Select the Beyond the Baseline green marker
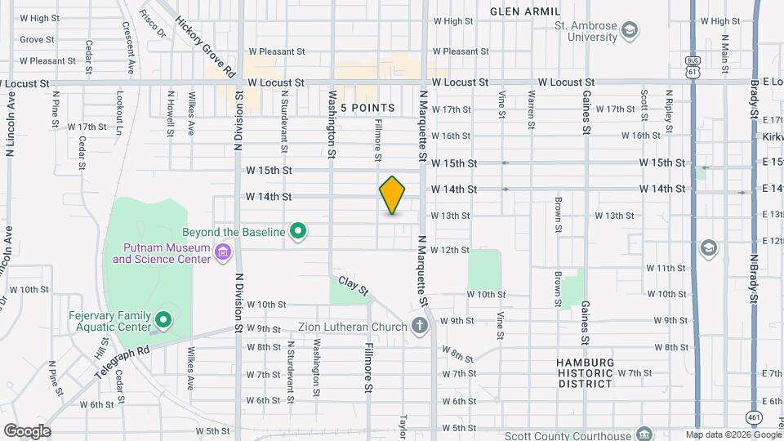298,232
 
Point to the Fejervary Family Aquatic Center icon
163,319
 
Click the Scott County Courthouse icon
644,433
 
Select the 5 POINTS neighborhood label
367,108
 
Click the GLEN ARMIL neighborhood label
525,11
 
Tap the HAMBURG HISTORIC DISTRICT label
584,372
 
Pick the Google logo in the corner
27,430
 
